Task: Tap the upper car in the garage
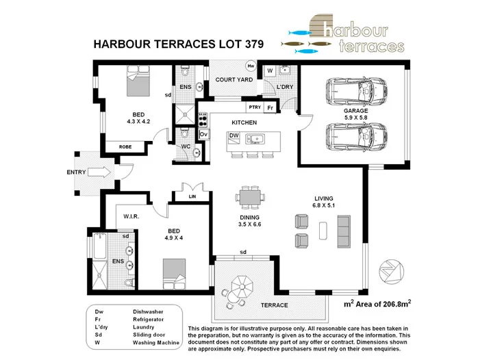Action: [356, 89]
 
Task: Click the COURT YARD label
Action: [234, 80]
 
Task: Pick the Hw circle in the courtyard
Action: [251, 67]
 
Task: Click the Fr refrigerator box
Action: [270, 108]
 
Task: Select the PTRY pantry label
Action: [255, 108]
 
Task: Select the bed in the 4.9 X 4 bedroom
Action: [174, 272]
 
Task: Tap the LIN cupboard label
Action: [192, 197]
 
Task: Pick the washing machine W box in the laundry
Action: [270, 70]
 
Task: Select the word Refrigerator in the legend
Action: [149, 319]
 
